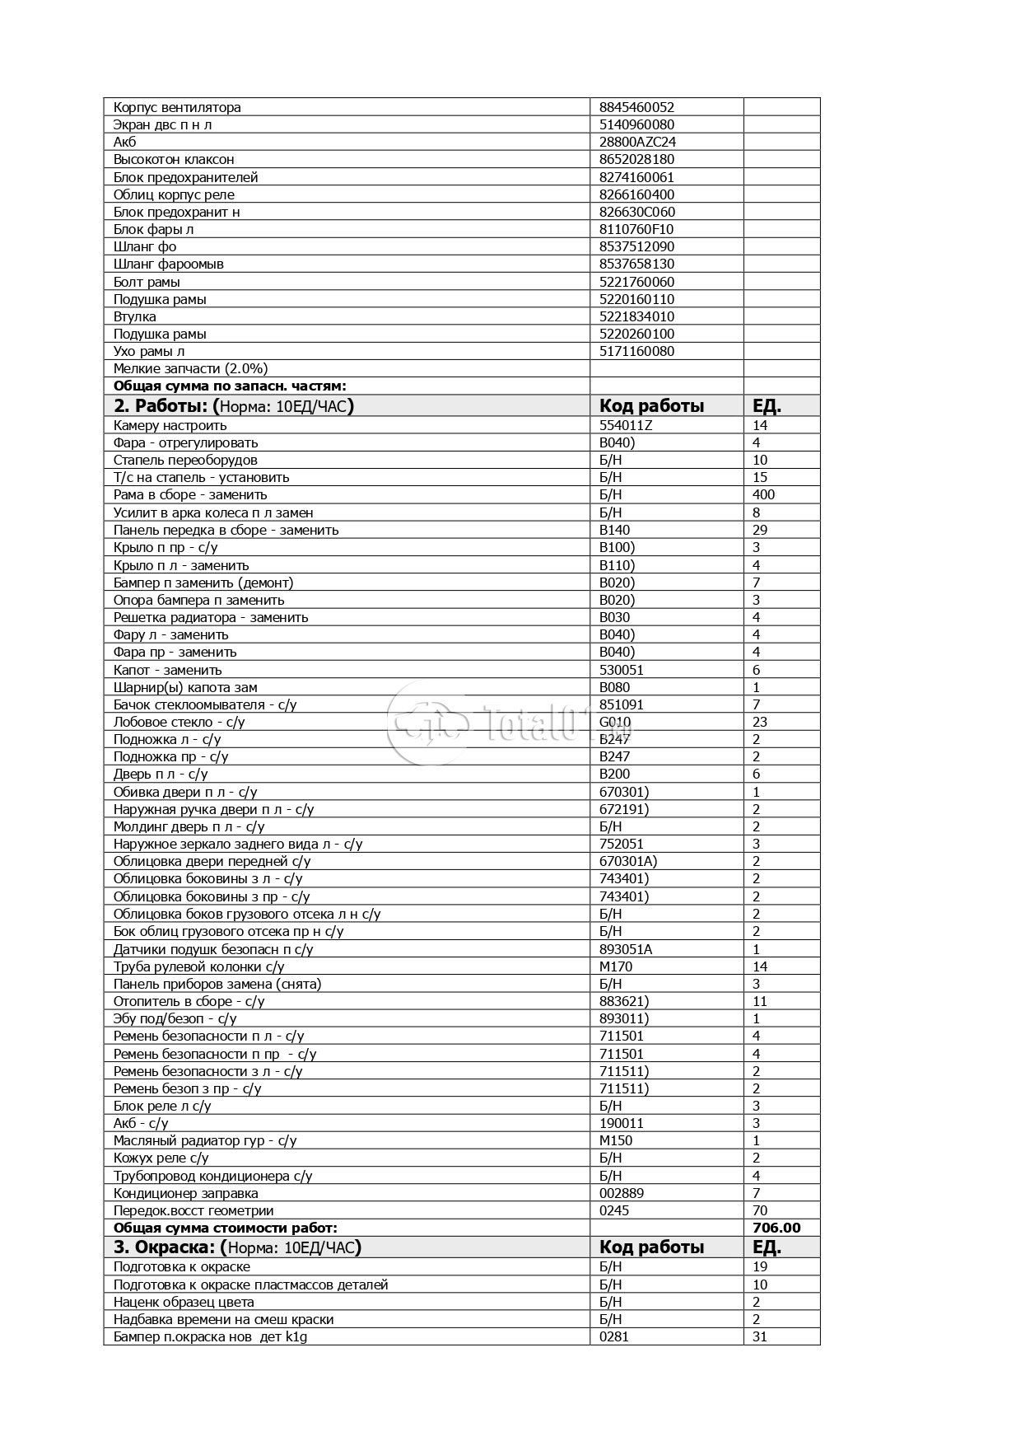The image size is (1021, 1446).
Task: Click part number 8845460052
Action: [x=636, y=107]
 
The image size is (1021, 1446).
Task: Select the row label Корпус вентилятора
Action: [x=177, y=107]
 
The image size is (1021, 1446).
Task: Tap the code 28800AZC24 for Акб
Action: [x=637, y=142]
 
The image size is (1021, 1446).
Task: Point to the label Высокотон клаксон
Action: [x=174, y=159]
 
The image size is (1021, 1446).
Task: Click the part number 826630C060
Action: [x=636, y=212]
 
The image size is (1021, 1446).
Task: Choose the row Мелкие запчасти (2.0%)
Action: [x=190, y=368]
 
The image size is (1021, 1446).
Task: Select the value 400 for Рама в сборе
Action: [x=763, y=494]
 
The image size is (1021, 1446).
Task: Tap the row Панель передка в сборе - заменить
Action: [x=226, y=530]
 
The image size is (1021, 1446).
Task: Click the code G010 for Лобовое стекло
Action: [x=615, y=722]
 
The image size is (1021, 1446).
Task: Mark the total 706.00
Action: [x=776, y=1228]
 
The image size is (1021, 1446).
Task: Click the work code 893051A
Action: [x=625, y=949]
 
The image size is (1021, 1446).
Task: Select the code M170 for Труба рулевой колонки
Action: [x=616, y=966]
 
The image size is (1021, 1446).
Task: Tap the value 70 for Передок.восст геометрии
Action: [x=759, y=1210]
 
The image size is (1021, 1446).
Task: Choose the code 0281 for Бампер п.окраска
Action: [x=613, y=1336]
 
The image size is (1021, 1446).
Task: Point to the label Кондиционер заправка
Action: [x=185, y=1193]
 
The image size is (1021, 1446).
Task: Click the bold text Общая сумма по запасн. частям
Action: [x=230, y=386]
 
